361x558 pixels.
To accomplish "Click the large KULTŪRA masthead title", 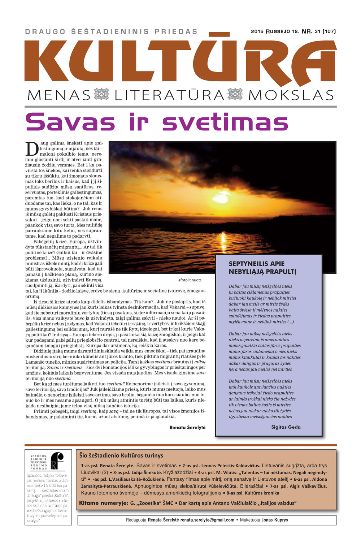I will pyautogui.click(x=180, y=61).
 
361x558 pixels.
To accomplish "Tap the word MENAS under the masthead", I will pyautogui.click(x=59, y=95).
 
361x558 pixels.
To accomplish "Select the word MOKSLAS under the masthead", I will pyautogui.click(x=291, y=95).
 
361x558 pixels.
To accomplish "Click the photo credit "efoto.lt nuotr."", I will pyautogui.click(x=190, y=280).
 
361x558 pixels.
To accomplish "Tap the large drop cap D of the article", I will pyautogui.click(x=32, y=148).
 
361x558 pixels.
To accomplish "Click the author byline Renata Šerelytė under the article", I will pyautogui.click(x=187, y=427).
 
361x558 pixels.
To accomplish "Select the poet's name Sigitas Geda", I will pyautogui.click(x=286, y=427).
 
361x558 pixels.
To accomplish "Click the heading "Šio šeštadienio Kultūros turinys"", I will pyautogui.click(x=121, y=455).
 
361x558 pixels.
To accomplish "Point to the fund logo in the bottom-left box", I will pyautogui.click(x=57, y=461).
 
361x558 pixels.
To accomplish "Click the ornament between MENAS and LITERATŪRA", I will pyautogui.click(x=101, y=95).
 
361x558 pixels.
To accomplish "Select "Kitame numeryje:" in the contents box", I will pyautogui.click(x=103, y=503).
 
